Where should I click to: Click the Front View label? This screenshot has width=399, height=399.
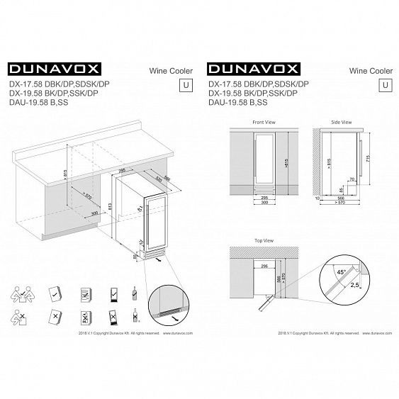(x=263, y=122)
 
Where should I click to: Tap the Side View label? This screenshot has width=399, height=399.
(x=342, y=122)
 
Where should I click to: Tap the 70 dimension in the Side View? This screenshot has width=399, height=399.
(x=351, y=180)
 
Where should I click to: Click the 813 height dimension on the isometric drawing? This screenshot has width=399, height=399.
(x=111, y=206)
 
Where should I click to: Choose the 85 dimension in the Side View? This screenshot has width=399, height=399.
(x=342, y=190)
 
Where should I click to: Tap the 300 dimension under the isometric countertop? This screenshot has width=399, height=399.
(x=95, y=213)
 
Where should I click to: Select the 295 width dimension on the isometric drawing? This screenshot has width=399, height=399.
(x=122, y=172)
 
